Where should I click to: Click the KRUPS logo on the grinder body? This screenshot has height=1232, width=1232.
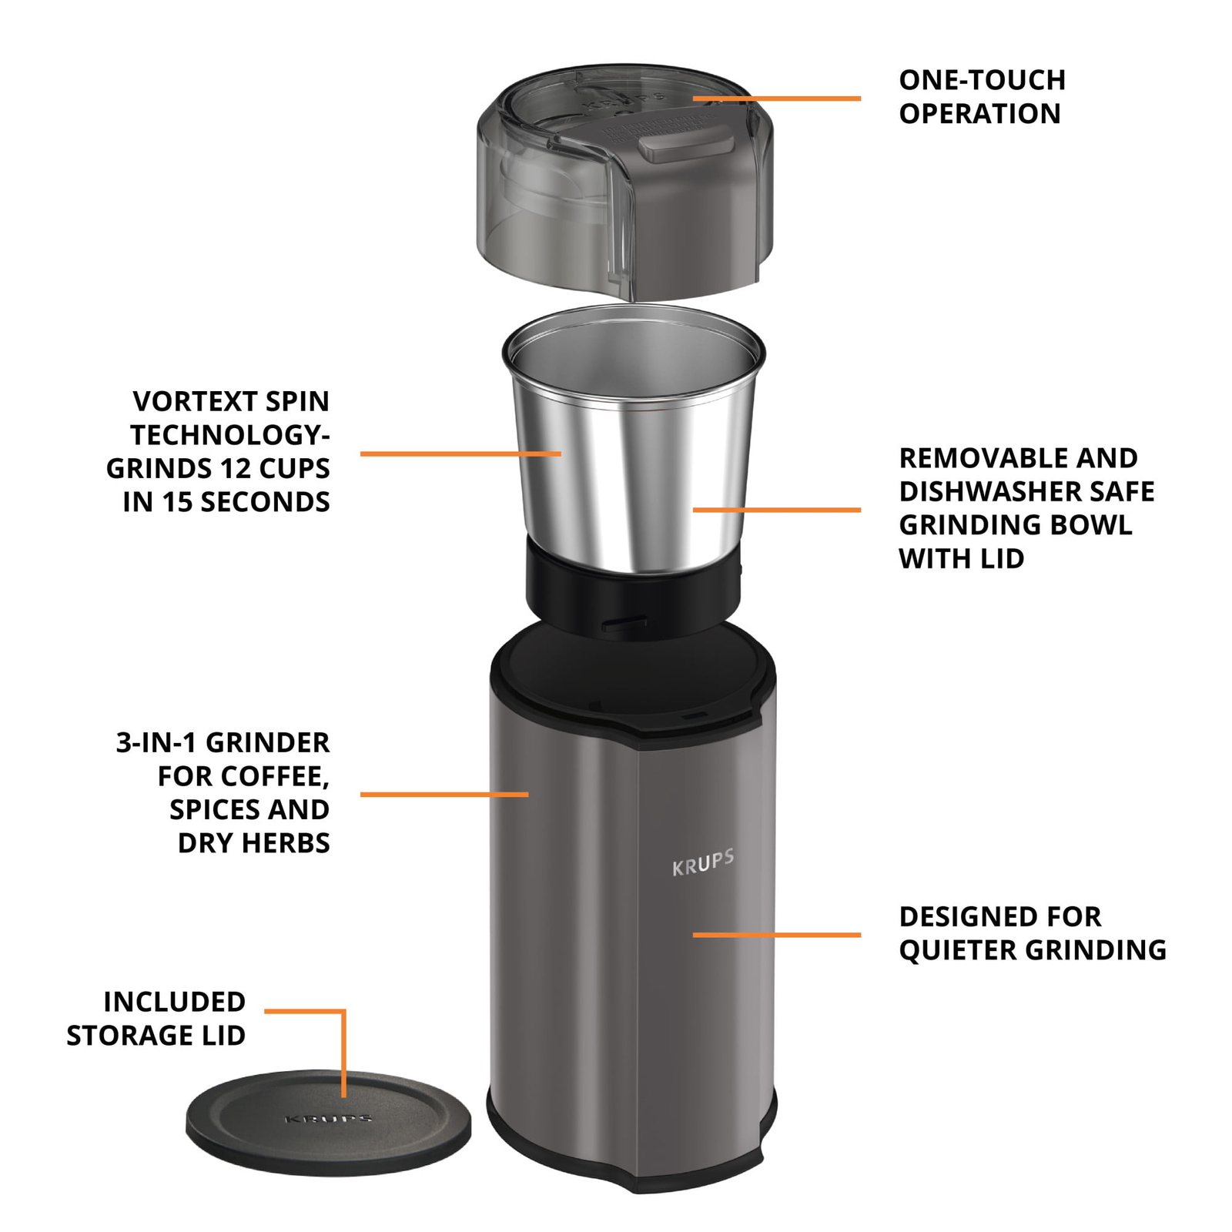click(x=702, y=863)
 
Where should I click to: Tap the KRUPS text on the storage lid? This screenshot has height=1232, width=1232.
click(x=329, y=1118)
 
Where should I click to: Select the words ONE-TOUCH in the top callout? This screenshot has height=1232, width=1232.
click(x=982, y=80)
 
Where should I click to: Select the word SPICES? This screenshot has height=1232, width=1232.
click(x=203, y=809)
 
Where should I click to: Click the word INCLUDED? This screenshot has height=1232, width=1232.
click(x=175, y=1002)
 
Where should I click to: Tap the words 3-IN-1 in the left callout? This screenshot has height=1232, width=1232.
click(x=157, y=742)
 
